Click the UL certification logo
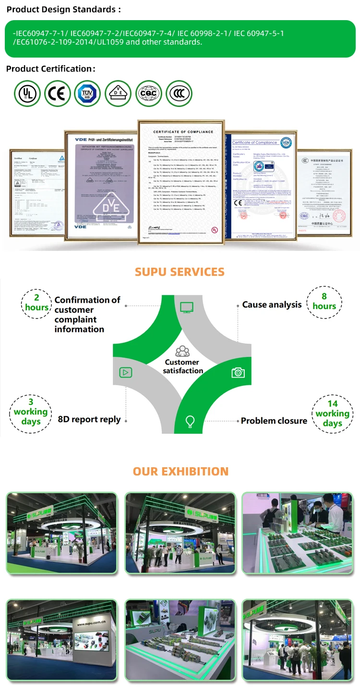27,93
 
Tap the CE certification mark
58,93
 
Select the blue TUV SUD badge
88,93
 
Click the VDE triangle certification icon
118,93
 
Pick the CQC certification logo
148,93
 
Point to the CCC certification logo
179,93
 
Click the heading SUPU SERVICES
180,272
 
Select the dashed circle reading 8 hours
324,302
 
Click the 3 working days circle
31,412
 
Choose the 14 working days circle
332,413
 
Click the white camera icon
238,372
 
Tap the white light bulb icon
191,421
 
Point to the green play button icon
126,372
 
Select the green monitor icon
186,307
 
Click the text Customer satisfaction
182,367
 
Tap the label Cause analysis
272,305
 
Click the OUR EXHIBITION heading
180,471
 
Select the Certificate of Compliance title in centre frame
183,131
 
